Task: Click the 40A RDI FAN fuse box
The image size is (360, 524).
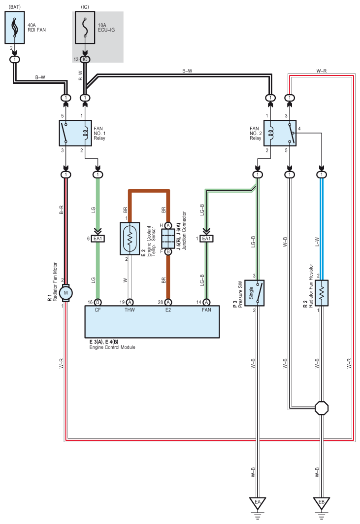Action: click(15, 28)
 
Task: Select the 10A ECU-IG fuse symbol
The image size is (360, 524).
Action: click(85, 28)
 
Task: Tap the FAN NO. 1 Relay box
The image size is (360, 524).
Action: click(75, 133)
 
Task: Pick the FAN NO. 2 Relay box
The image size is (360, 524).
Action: click(280, 133)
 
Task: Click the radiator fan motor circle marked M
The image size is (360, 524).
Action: click(66, 293)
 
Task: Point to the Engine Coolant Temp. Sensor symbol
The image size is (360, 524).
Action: click(130, 239)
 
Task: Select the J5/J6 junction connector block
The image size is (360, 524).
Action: click(168, 239)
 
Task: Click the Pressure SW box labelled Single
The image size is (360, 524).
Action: click(255, 293)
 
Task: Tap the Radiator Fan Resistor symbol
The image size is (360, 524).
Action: click(321, 293)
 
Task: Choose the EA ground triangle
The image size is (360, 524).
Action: click(258, 502)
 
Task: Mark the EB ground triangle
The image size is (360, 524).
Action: click(321, 502)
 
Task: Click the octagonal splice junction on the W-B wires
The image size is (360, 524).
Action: click(322, 408)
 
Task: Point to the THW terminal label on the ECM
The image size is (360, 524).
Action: click(130, 310)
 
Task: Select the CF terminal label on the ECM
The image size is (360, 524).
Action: click(98, 310)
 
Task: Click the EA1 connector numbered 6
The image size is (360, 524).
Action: click(98, 239)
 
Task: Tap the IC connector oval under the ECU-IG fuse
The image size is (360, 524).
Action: click(85, 60)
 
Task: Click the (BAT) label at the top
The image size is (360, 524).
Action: click(14, 7)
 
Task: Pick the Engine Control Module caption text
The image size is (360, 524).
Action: click(112, 347)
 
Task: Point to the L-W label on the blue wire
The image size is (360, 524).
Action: click(317, 242)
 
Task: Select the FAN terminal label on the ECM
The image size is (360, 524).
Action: click(206, 310)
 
